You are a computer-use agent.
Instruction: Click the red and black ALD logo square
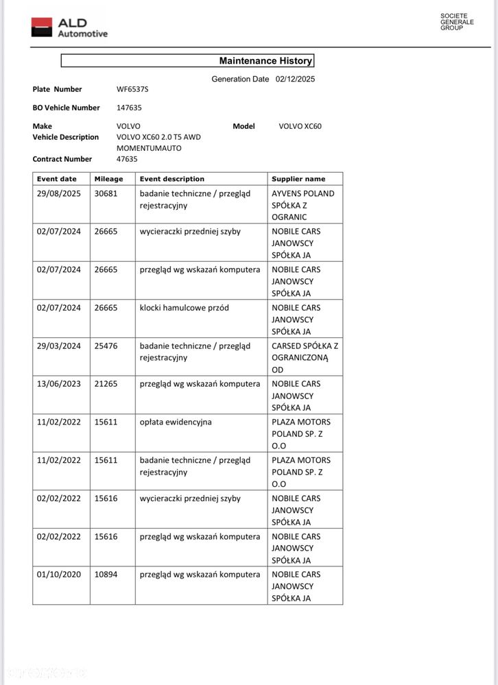(41, 27)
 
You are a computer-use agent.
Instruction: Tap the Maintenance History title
(265, 61)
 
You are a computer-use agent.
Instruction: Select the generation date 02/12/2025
(295, 80)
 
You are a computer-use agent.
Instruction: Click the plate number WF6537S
(132, 89)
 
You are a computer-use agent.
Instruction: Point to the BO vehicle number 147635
(128, 108)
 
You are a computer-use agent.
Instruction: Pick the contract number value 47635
(127, 159)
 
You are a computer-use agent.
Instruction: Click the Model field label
(244, 126)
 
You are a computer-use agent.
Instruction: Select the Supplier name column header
(298, 179)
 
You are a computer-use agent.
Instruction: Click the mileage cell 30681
(106, 193)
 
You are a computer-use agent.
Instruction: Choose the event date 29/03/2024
(58, 346)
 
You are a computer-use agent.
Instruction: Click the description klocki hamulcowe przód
(184, 308)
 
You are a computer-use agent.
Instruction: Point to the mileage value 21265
(106, 384)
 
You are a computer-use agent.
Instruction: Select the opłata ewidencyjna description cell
(176, 422)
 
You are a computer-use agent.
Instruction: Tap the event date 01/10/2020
(58, 575)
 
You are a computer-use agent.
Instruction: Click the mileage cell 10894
(106, 575)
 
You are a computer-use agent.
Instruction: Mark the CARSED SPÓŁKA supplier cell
(305, 358)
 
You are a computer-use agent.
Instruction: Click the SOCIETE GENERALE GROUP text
(457, 21)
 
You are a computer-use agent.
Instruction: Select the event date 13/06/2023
(58, 384)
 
